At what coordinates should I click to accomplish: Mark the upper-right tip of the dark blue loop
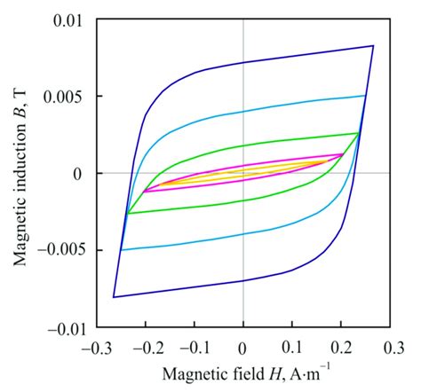coord(372,45)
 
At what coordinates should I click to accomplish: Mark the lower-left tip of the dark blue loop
coord(114,297)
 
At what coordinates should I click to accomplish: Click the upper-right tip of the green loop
coord(358,133)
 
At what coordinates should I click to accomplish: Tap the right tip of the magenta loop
coord(342,154)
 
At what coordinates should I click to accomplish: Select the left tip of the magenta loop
coord(145,191)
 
